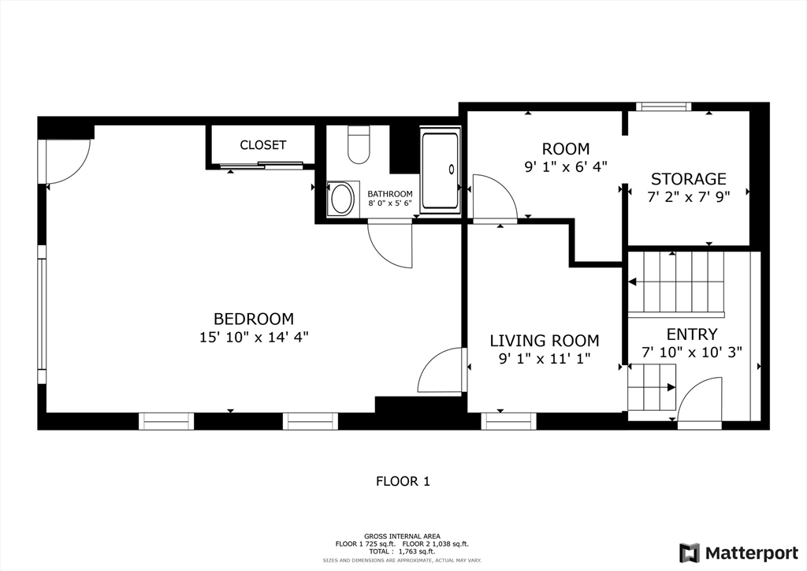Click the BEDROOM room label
click(253, 319)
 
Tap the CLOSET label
click(263, 145)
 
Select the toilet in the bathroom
click(359, 145)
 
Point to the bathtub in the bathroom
click(440, 170)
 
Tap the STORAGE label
click(689, 179)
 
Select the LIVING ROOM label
click(545, 341)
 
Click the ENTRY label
click(692, 334)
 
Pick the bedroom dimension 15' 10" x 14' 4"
click(254, 338)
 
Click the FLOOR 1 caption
click(403, 481)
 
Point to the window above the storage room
click(664, 106)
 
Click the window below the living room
click(508, 421)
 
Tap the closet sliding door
click(262, 165)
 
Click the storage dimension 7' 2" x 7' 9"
click(689, 197)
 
